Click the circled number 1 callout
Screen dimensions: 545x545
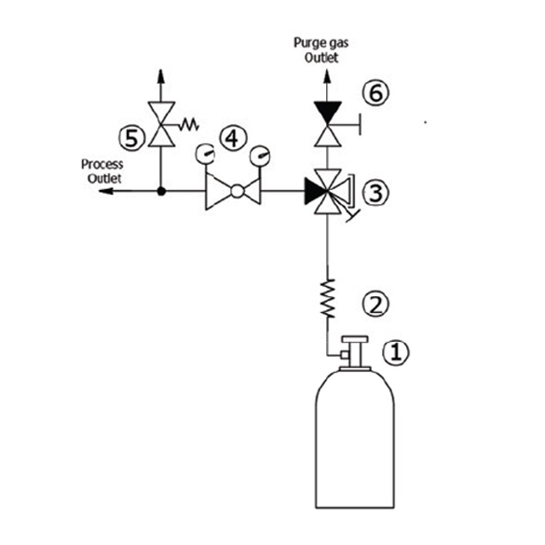pos(396,352)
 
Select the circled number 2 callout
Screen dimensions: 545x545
pos(375,304)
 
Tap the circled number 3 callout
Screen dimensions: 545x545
pos(375,193)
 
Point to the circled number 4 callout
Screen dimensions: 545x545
pos(233,138)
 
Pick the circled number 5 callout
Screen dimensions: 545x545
pos(131,138)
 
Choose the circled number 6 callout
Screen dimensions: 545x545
pos(375,93)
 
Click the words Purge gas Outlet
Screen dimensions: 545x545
pos(321,50)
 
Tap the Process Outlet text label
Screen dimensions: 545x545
pos(102,171)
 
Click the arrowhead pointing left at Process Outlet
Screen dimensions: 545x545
pos(105,191)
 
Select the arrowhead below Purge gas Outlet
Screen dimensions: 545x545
pos(327,76)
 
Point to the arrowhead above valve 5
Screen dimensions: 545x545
pos(160,76)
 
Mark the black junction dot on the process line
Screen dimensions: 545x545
pos(161,191)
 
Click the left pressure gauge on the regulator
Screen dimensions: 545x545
pos(205,154)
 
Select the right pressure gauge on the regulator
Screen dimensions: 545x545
pos(260,156)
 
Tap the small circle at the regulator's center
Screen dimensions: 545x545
pos(237,191)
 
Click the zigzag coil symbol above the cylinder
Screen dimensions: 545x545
pos(327,298)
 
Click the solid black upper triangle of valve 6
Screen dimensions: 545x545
pos(327,110)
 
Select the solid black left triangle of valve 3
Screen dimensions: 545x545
pos(314,191)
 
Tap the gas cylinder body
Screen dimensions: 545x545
pos(355,440)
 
